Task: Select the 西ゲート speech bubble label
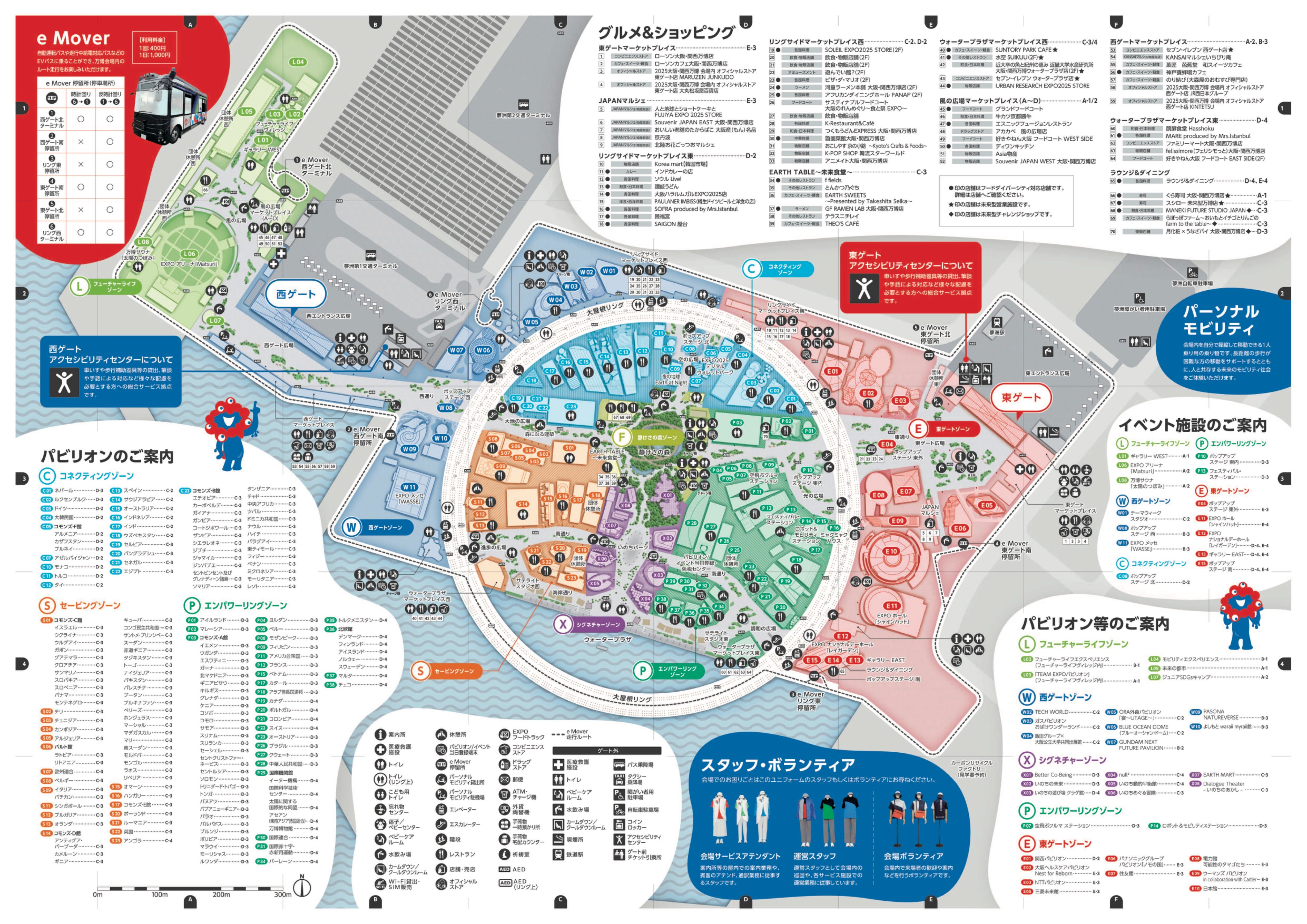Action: click(295, 294)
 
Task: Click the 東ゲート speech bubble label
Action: click(1021, 397)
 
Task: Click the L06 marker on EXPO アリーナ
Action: click(190, 254)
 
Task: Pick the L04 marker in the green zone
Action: click(298, 62)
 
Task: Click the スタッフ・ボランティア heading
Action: click(778, 764)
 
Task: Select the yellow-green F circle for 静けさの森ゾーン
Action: click(621, 437)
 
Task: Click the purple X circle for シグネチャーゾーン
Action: click(563, 624)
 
